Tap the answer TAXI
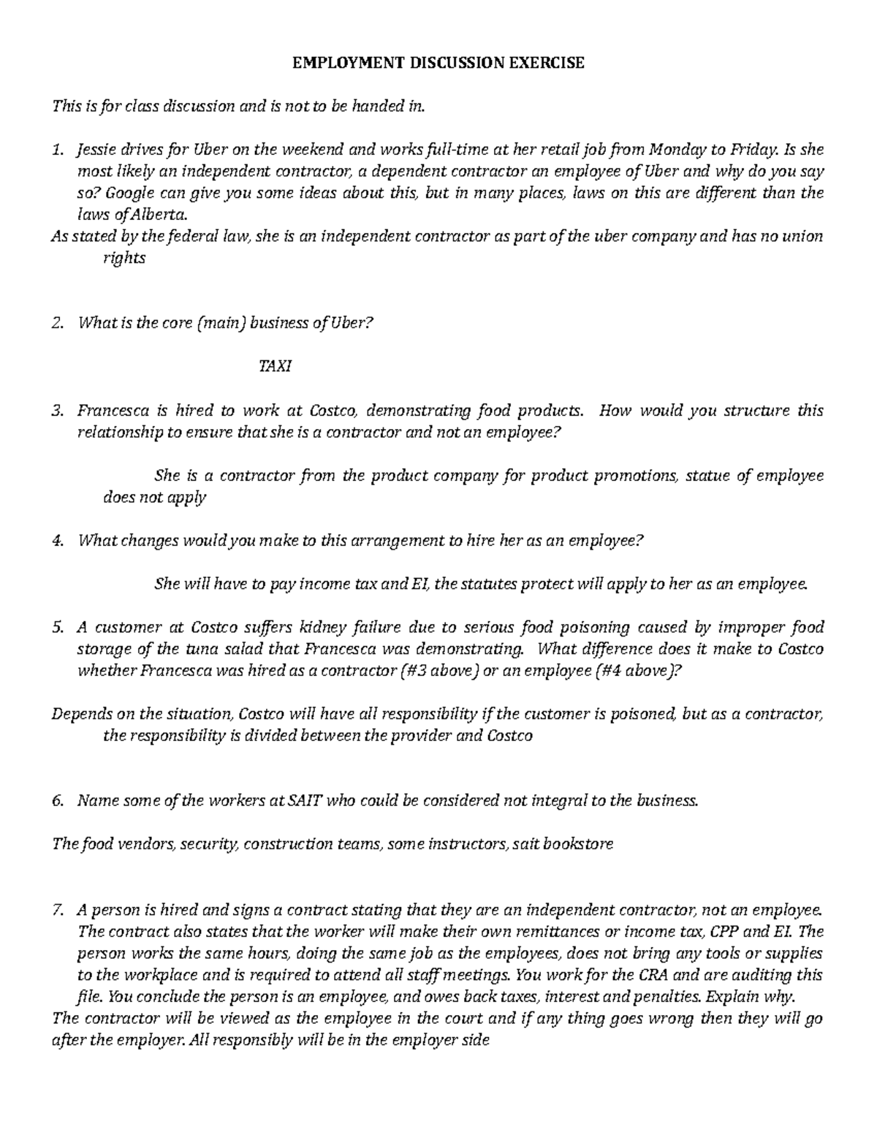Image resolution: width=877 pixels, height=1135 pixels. (x=276, y=367)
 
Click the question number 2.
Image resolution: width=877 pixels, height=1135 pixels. (x=57, y=324)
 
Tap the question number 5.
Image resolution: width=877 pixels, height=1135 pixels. (x=57, y=627)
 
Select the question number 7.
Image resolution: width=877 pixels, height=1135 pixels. (x=57, y=910)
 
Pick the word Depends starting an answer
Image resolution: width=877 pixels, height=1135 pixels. (x=78, y=714)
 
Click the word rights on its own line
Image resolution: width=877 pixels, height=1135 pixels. (x=125, y=259)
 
